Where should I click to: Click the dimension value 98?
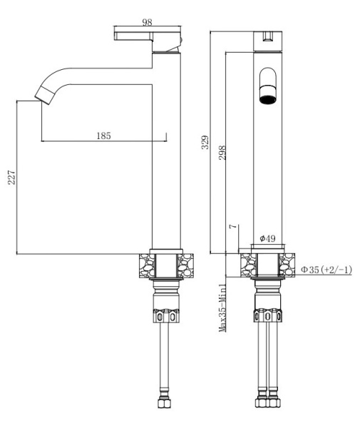[x=147, y=23]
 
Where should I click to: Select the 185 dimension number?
[x=104, y=135]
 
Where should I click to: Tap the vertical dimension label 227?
[x=10, y=178]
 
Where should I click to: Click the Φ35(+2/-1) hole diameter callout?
[x=325, y=269]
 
